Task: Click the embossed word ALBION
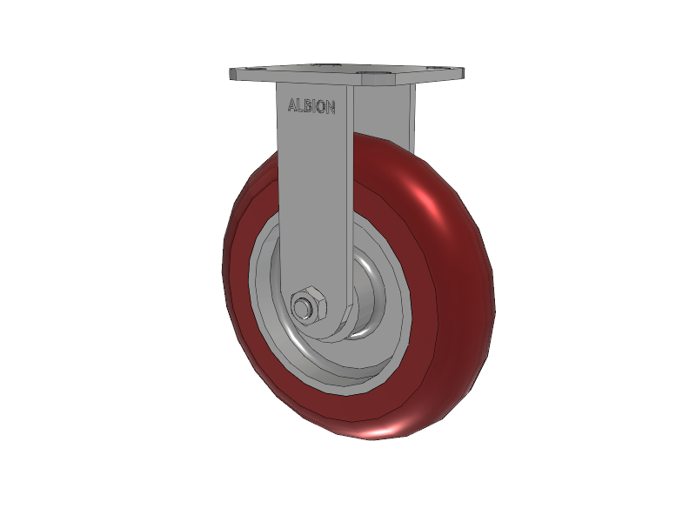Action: (311, 106)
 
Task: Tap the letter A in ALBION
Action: (292, 104)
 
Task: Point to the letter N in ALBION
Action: (331, 108)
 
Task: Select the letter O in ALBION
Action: (320, 107)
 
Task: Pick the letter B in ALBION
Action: (307, 106)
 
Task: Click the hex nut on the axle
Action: (308, 305)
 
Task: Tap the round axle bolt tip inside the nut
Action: (303, 308)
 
